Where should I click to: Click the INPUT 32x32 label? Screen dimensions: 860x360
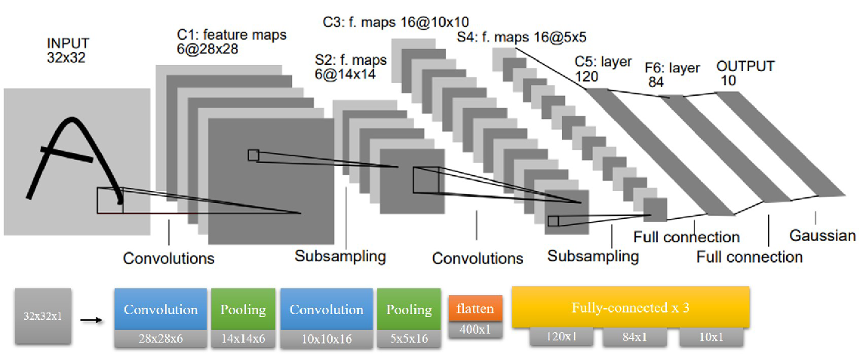(x=68, y=49)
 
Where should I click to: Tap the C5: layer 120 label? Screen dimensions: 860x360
(x=604, y=66)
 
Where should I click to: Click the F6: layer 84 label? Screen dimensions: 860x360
(x=672, y=75)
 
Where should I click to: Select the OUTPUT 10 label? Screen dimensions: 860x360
(x=745, y=73)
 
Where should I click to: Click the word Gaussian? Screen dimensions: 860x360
(x=822, y=236)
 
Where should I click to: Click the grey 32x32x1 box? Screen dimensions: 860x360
(x=43, y=317)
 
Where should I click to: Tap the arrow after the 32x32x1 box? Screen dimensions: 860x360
(x=91, y=318)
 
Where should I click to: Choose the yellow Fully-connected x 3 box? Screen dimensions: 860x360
(x=631, y=307)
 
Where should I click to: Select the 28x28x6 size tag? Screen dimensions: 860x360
(x=161, y=339)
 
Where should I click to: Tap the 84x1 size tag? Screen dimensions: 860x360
(x=638, y=337)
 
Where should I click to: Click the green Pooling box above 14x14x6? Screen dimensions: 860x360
(x=243, y=309)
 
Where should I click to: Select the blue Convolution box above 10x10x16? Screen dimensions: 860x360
(x=327, y=309)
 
